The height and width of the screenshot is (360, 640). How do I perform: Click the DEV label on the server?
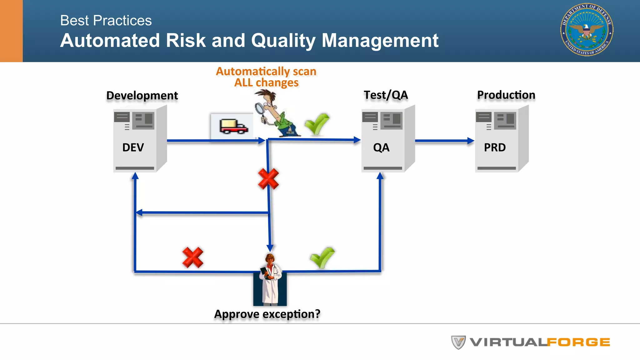point(133,147)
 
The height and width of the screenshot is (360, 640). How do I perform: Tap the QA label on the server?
point(381,147)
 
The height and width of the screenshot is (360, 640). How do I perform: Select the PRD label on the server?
point(495,147)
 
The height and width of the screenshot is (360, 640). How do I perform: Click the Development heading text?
point(142,95)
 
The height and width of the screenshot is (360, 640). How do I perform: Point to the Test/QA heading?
point(386,95)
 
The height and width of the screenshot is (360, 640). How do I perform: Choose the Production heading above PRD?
point(506,95)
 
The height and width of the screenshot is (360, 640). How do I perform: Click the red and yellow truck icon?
point(233,126)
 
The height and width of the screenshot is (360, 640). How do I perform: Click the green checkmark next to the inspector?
point(317,124)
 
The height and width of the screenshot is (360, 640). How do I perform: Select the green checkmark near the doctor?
point(322,257)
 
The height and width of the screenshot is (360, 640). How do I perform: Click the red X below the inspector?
point(268,179)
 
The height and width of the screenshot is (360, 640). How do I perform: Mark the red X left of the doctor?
point(193,257)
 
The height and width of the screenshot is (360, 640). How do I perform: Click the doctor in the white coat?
point(270,280)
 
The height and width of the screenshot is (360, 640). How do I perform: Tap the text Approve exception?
point(267,314)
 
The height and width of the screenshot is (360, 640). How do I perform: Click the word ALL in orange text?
point(243,83)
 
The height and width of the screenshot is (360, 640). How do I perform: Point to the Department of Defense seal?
point(587,30)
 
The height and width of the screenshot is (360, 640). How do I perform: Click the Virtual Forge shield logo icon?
point(458,342)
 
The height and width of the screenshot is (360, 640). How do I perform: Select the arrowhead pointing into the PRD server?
point(471,141)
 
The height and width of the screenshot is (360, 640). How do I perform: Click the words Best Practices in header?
point(106,21)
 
